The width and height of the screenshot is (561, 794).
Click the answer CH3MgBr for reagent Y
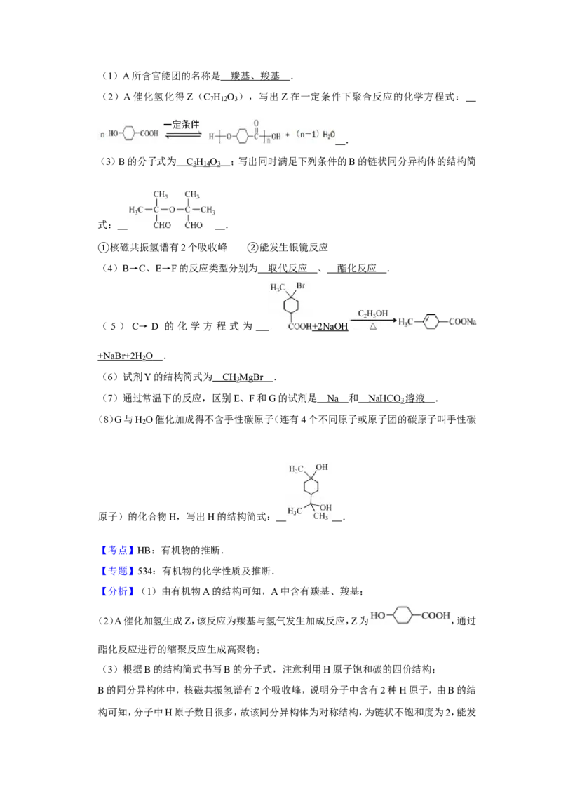pos(243,377)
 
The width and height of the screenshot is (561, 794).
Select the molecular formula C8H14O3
pos(203,162)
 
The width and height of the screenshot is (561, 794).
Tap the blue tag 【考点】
pos(117,551)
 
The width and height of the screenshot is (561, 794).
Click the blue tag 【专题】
pos(117,571)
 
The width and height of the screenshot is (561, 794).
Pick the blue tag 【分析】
pos(117,591)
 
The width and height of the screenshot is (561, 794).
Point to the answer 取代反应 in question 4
pos(288,269)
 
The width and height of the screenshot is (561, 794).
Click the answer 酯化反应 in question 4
pos(357,269)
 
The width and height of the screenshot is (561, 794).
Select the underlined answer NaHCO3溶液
pos(396,398)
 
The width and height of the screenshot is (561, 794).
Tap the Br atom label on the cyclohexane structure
pos(300,286)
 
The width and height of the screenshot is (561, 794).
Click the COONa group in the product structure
pos(461,321)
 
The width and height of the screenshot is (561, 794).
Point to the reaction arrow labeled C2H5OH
pos(373,320)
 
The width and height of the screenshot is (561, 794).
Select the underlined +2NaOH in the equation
pos(330,327)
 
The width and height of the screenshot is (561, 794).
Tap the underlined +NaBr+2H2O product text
pos(125,356)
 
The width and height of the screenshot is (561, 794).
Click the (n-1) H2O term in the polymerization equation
pos(316,135)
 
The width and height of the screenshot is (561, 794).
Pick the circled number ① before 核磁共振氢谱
pos(103,248)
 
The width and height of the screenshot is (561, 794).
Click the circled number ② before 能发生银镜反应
pos(252,248)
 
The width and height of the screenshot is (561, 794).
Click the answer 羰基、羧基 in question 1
pos(255,76)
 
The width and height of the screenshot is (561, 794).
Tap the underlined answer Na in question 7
pos(332,398)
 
